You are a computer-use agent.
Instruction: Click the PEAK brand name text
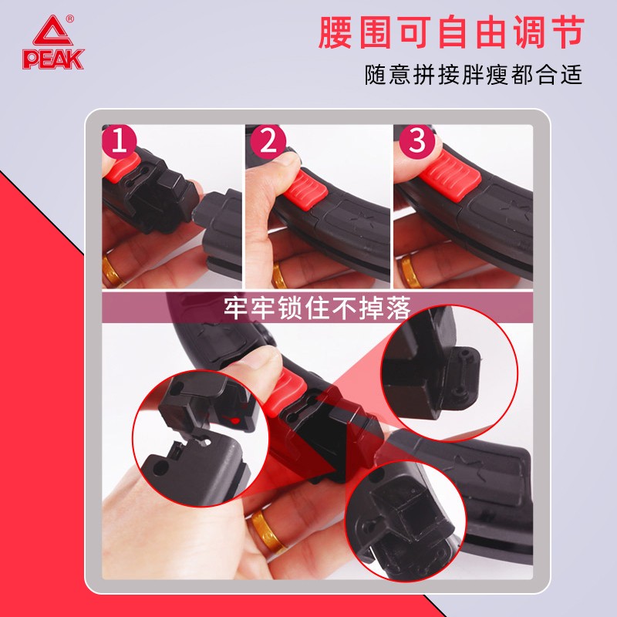(53, 59)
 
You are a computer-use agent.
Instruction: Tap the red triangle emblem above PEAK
(52, 31)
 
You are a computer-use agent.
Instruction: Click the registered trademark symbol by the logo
(69, 18)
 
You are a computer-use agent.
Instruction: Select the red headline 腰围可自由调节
(451, 32)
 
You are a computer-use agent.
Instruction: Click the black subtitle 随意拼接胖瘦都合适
(473, 74)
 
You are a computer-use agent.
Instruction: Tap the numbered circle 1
(119, 141)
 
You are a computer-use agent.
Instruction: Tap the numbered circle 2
(268, 141)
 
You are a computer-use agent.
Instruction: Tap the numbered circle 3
(416, 141)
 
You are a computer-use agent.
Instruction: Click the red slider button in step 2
(306, 190)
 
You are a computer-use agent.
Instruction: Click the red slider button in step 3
(449, 176)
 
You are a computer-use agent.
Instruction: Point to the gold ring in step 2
(278, 275)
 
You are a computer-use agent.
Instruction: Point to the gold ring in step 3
(410, 271)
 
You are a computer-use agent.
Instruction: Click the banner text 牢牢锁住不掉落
(317, 307)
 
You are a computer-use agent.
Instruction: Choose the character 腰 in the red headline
(335, 32)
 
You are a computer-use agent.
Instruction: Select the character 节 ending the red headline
(568, 32)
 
